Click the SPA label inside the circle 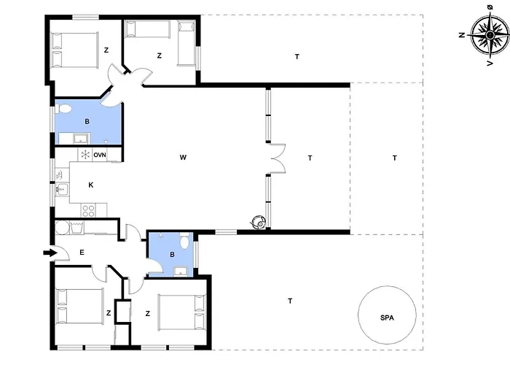387,318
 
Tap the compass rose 490,34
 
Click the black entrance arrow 50,253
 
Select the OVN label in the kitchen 100,155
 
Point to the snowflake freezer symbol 85,155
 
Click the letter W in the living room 183,158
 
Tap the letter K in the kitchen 91,185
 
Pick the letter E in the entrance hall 82,253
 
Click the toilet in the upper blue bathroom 63,109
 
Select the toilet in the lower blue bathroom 185,241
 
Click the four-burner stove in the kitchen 89,210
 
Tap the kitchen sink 62,189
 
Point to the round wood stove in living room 259,223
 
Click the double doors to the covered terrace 278,158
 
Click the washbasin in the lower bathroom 181,271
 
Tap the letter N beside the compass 461,35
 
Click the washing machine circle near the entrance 61,228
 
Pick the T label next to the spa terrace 290,301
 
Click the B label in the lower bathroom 172,255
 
